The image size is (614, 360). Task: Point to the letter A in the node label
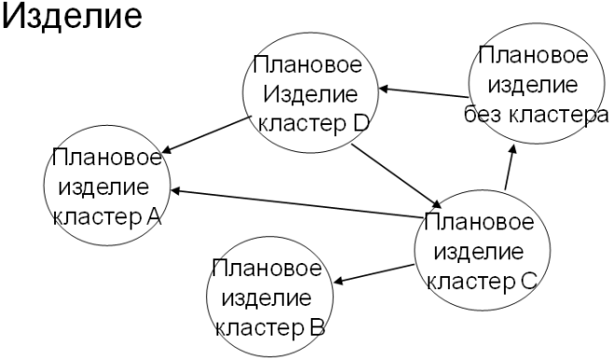point(154,217)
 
